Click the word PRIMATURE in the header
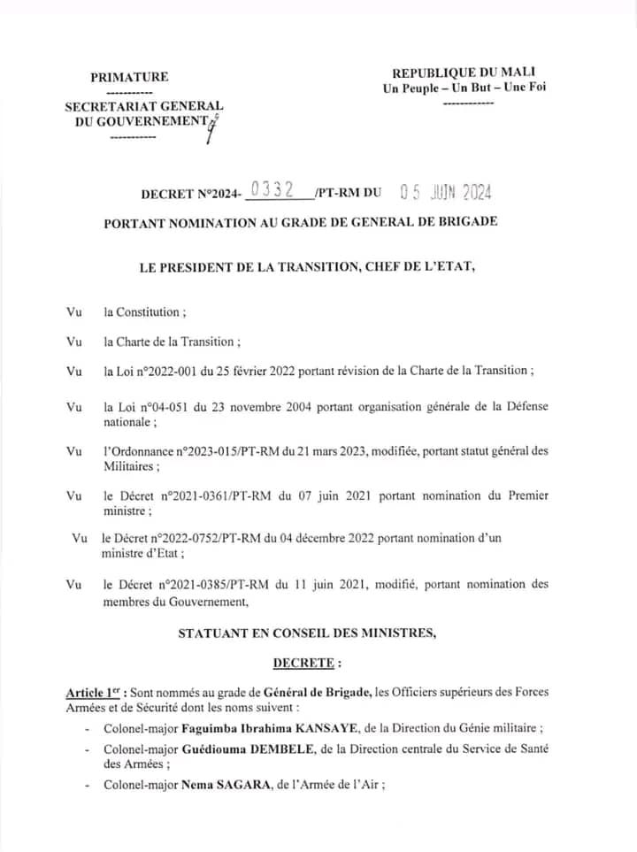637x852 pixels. coord(129,77)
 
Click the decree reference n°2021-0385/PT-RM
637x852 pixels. coord(222,584)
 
